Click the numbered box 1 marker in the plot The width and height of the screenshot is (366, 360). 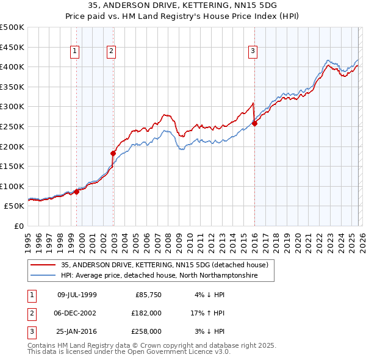[x=74, y=52]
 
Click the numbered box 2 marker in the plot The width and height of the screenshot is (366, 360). [x=111, y=52]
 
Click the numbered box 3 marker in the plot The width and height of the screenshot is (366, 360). [x=252, y=52]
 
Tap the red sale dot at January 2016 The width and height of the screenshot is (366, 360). [x=254, y=123]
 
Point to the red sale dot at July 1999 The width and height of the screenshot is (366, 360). [x=77, y=192]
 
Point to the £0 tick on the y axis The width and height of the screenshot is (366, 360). [x=19, y=226]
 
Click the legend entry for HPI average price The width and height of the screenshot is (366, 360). [x=159, y=276]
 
